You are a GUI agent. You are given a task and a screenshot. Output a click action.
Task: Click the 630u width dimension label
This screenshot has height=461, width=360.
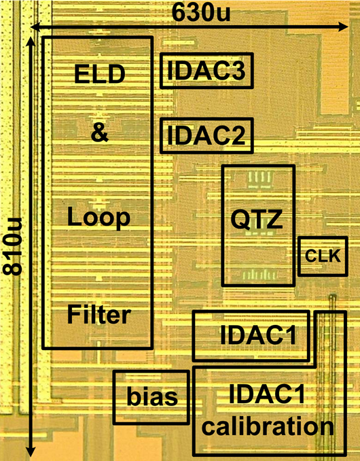tap(201, 13)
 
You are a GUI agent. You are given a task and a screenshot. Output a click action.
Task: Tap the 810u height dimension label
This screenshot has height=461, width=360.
tap(12, 246)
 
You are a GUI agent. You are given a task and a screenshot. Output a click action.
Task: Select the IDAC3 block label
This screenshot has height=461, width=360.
tap(206, 71)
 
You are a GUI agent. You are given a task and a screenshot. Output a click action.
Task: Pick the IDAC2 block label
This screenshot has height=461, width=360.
tap(206, 135)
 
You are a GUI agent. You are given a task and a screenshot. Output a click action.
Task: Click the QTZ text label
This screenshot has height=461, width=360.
tap(257, 220)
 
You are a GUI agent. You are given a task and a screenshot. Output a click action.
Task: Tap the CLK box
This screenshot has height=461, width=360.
tap(323, 256)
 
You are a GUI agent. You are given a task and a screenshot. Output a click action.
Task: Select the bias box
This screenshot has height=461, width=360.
tap(151, 397)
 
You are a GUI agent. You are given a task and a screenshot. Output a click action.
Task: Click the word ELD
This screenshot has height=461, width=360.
tap(100, 74)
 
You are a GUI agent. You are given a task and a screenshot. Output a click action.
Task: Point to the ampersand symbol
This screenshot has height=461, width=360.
tap(100, 133)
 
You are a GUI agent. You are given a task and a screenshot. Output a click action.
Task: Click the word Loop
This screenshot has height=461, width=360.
tap(99, 218)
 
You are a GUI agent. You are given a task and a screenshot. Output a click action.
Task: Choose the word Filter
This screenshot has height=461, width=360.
tap(99, 314)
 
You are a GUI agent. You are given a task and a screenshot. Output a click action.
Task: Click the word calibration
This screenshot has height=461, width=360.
tap(268, 426)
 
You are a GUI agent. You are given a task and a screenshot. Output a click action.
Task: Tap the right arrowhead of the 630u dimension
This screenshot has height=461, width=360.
tap(344, 27)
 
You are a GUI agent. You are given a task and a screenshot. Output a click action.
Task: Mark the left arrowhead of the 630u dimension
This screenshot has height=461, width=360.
tap(35, 27)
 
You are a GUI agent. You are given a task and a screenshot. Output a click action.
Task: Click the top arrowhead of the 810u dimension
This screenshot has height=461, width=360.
tap(31, 41)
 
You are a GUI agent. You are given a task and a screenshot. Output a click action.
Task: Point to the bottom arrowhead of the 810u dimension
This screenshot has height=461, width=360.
tap(31, 452)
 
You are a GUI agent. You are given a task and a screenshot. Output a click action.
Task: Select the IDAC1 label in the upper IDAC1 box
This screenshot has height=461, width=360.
tap(258, 335)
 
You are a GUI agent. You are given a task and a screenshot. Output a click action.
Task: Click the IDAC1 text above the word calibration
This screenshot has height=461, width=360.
tap(267, 394)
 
